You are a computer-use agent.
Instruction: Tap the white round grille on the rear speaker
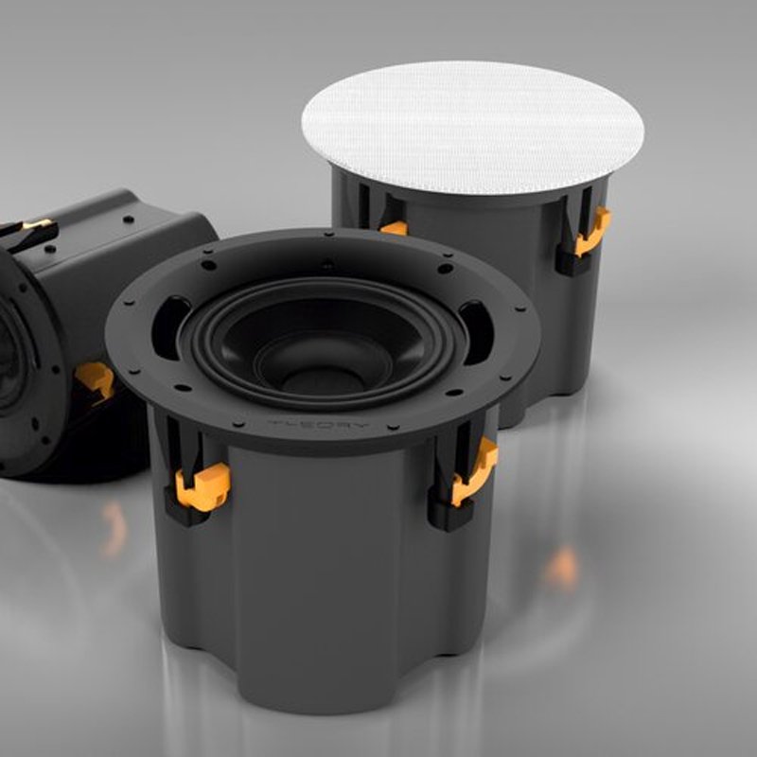[x=473, y=127]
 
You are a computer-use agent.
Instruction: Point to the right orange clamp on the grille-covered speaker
[x=591, y=232]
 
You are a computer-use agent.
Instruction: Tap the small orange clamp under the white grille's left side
[x=394, y=228]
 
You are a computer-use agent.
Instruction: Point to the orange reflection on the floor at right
[x=562, y=568]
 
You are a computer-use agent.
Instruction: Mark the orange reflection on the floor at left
[x=114, y=529]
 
